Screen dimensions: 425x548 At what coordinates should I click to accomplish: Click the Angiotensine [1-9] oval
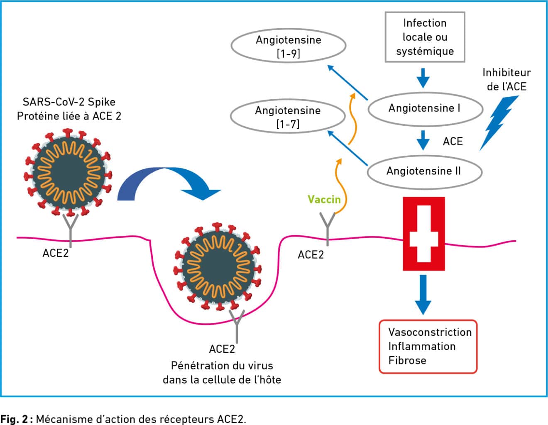pyautogui.click(x=288, y=46)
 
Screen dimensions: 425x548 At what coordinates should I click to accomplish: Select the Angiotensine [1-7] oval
pyautogui.click(x=287, y=117)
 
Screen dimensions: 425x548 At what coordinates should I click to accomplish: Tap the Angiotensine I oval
pyautogui.click(x=425, y=109)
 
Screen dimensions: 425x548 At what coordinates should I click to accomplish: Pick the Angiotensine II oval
pyautogui.click(x=424, y=171)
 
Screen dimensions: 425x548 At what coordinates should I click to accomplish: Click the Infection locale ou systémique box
pyautogui.click(x=425, y=37)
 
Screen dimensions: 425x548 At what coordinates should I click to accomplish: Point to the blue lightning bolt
pyautogui.click(x=499, y=122)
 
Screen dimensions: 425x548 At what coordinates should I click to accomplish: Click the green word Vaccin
pyautogui.click(x=324, y=200)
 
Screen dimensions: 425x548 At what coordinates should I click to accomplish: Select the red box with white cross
pyautogui.click(x=423, y=234)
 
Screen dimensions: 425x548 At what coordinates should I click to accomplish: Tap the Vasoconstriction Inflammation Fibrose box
pyautogui.click(x=428, y=346)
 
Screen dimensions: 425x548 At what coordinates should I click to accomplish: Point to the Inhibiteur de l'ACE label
pyautogui.click(x=506, y=79)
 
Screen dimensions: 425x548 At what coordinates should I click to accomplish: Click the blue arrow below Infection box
pyautogui.click(x=423, y=77)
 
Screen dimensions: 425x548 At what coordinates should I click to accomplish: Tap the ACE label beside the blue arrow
pyautogui.click(x=453, y=142)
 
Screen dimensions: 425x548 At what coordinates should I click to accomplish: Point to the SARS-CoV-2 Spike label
pyautogui.click(x=69, y=102)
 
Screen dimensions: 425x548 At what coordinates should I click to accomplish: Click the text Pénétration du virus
pyautogui.click(x=222, y=366)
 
